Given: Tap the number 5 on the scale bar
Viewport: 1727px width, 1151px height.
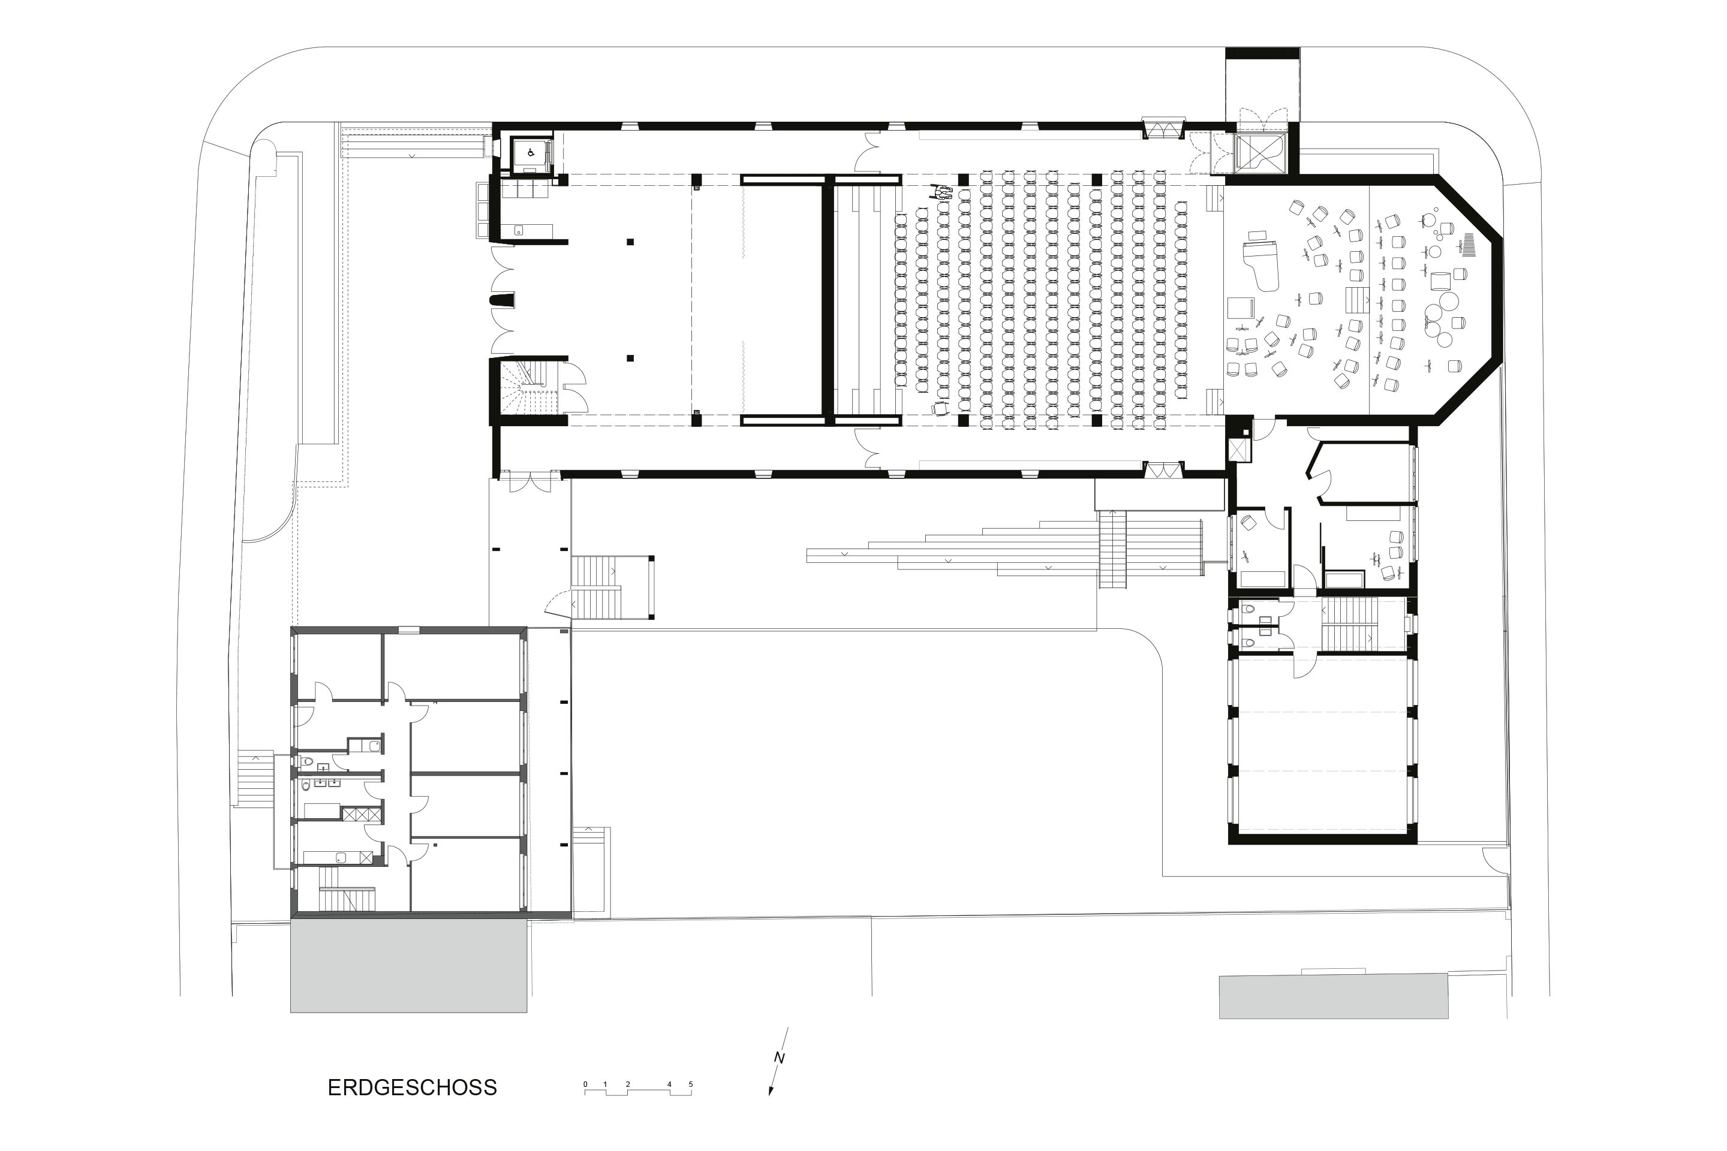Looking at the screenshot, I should [690, 1084].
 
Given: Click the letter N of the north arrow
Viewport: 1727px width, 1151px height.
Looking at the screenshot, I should [779, 1059].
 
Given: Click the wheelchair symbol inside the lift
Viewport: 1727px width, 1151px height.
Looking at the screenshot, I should [529, 153].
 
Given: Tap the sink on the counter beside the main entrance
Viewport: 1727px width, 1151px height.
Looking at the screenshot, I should [518, 230].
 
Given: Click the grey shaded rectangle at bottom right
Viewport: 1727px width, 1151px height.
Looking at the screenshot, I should [1332, 996].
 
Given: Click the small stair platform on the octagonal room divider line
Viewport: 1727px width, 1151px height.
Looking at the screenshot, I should [1357, 299].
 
